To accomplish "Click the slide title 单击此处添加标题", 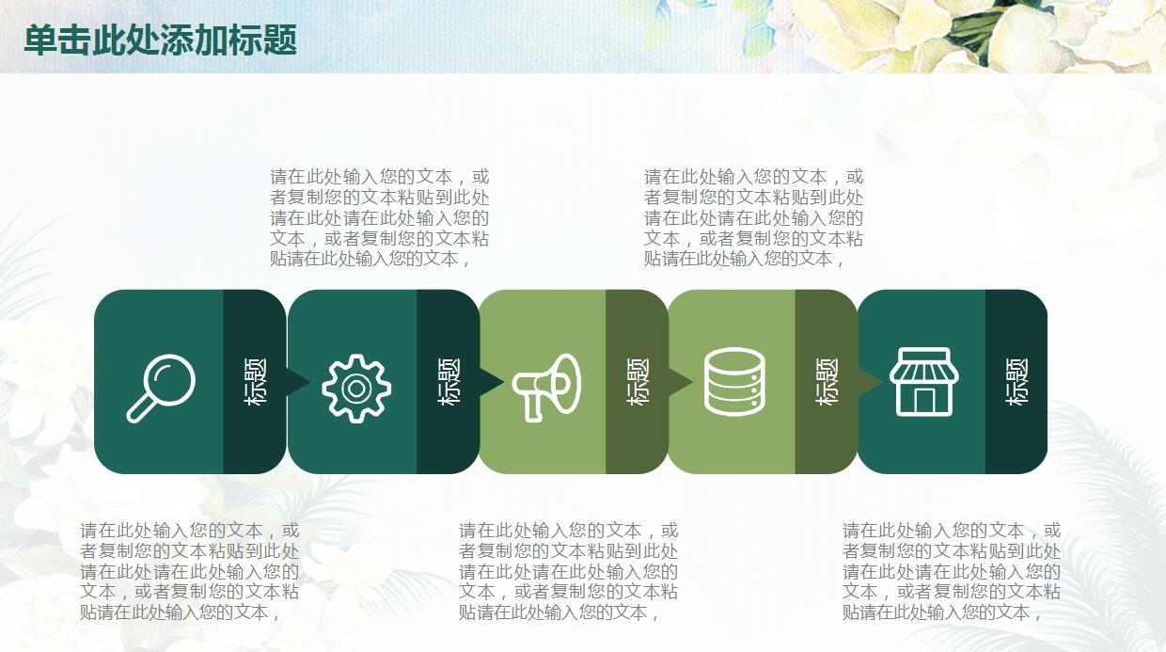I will point(161,40).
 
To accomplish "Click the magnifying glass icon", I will point(160,386).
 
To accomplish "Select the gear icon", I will point(355,388).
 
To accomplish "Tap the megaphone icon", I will point(546,386).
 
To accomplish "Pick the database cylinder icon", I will point(734,381).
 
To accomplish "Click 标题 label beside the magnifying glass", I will point(256,381).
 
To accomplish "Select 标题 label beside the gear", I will point(449,381).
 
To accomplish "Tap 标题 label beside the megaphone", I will point(638,381).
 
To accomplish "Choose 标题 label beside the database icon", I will point(827,381).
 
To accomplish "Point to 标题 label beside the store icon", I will point(1017,381).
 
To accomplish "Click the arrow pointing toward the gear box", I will point(297,381).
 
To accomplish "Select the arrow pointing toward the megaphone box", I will point(491,381).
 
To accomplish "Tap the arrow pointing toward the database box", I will point(680,381).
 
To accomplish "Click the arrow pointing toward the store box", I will point(870,381).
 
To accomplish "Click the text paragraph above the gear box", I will point(379,217).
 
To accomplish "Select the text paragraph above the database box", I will point(753,217).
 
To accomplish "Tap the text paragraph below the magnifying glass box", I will point(189,571).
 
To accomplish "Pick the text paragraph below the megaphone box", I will point(568,571).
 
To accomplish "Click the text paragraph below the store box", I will point(951,571).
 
